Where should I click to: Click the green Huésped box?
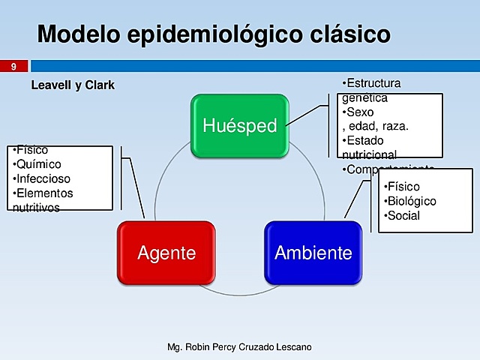[239, 125]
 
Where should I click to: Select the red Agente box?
[166, 253]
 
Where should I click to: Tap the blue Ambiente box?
[313, 253]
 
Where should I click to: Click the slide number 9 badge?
[13, 67]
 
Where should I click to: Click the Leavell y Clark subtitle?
[73, 85]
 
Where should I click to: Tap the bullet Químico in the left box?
[37, 164]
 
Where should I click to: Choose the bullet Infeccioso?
[41, 179]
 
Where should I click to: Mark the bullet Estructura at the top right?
[372, 82]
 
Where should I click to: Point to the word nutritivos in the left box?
[36, 208]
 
